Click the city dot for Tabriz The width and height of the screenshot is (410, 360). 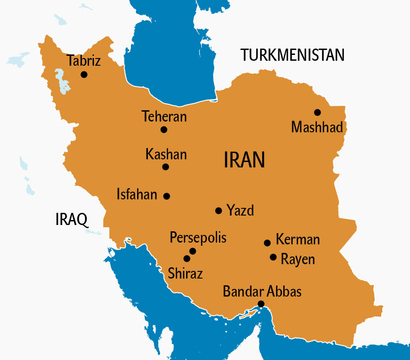coord(84,75)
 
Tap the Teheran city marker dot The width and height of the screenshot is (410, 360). coord(164,130)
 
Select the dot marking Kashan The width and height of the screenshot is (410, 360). coord(165,167)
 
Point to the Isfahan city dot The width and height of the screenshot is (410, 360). coord(167,196)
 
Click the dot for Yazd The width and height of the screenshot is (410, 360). coord(218,211)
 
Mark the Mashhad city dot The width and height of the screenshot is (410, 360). coord(317,112)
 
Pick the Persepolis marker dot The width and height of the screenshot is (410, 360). coord(193,251)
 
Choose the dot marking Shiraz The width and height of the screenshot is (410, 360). coord(187,259)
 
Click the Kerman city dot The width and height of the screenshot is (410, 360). coord(267,243)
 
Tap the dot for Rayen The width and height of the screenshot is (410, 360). coord(273,257)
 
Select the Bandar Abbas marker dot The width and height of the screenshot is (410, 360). coord(261,304)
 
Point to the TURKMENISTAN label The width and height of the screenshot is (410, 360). coord(293,55)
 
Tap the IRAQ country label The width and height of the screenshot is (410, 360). coord(71,219)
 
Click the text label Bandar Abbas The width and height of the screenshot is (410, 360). coord(262,291)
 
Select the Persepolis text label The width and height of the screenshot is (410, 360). coord(198,238)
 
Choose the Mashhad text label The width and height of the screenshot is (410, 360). coord(317,127)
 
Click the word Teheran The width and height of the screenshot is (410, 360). coord(164,117)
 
